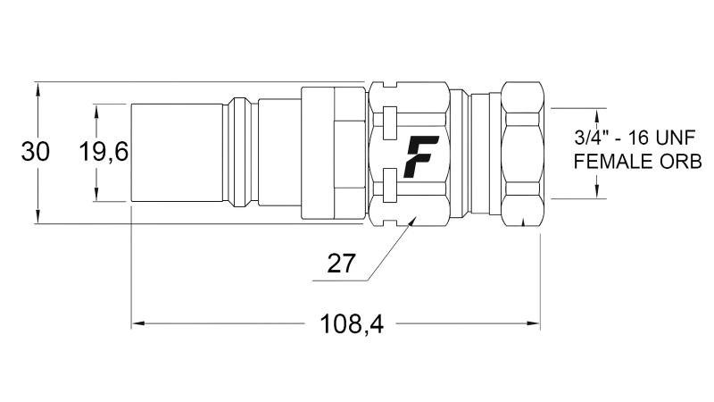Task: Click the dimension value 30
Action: (x=35, y=152)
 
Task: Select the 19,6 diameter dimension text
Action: (x=104, y=153)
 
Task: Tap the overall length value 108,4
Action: (x=352, y=324)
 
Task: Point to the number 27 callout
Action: (x=342, y=264)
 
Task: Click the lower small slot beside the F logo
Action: (x=388, y=188)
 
